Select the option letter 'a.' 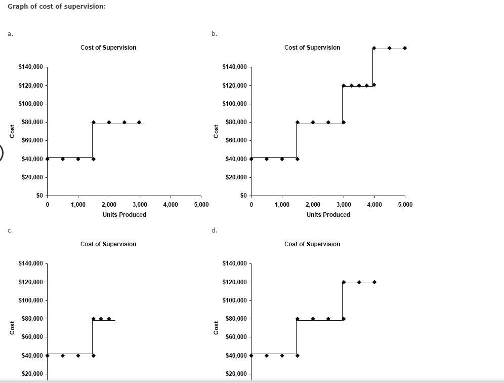click(x=10, y=34)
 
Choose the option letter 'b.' click(x=214, y=34)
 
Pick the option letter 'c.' click(x=10, y=231)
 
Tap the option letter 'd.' click(x=214, y=231)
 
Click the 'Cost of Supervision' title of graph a click(x=108, y=48)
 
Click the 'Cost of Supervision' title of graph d click(x=312, y=244)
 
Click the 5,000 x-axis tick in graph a click(x=201, y=205)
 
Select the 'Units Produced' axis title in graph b click(x=328, y=215)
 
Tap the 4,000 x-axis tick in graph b click(x=374, y=205)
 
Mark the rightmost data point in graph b click(x=405, y=48)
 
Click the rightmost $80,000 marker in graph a click(x=139, y=122)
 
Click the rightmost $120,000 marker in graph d click(x=374, y=282)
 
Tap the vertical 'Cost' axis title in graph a click(x=12, y=131)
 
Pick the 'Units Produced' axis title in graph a click(x=124, y=215)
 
